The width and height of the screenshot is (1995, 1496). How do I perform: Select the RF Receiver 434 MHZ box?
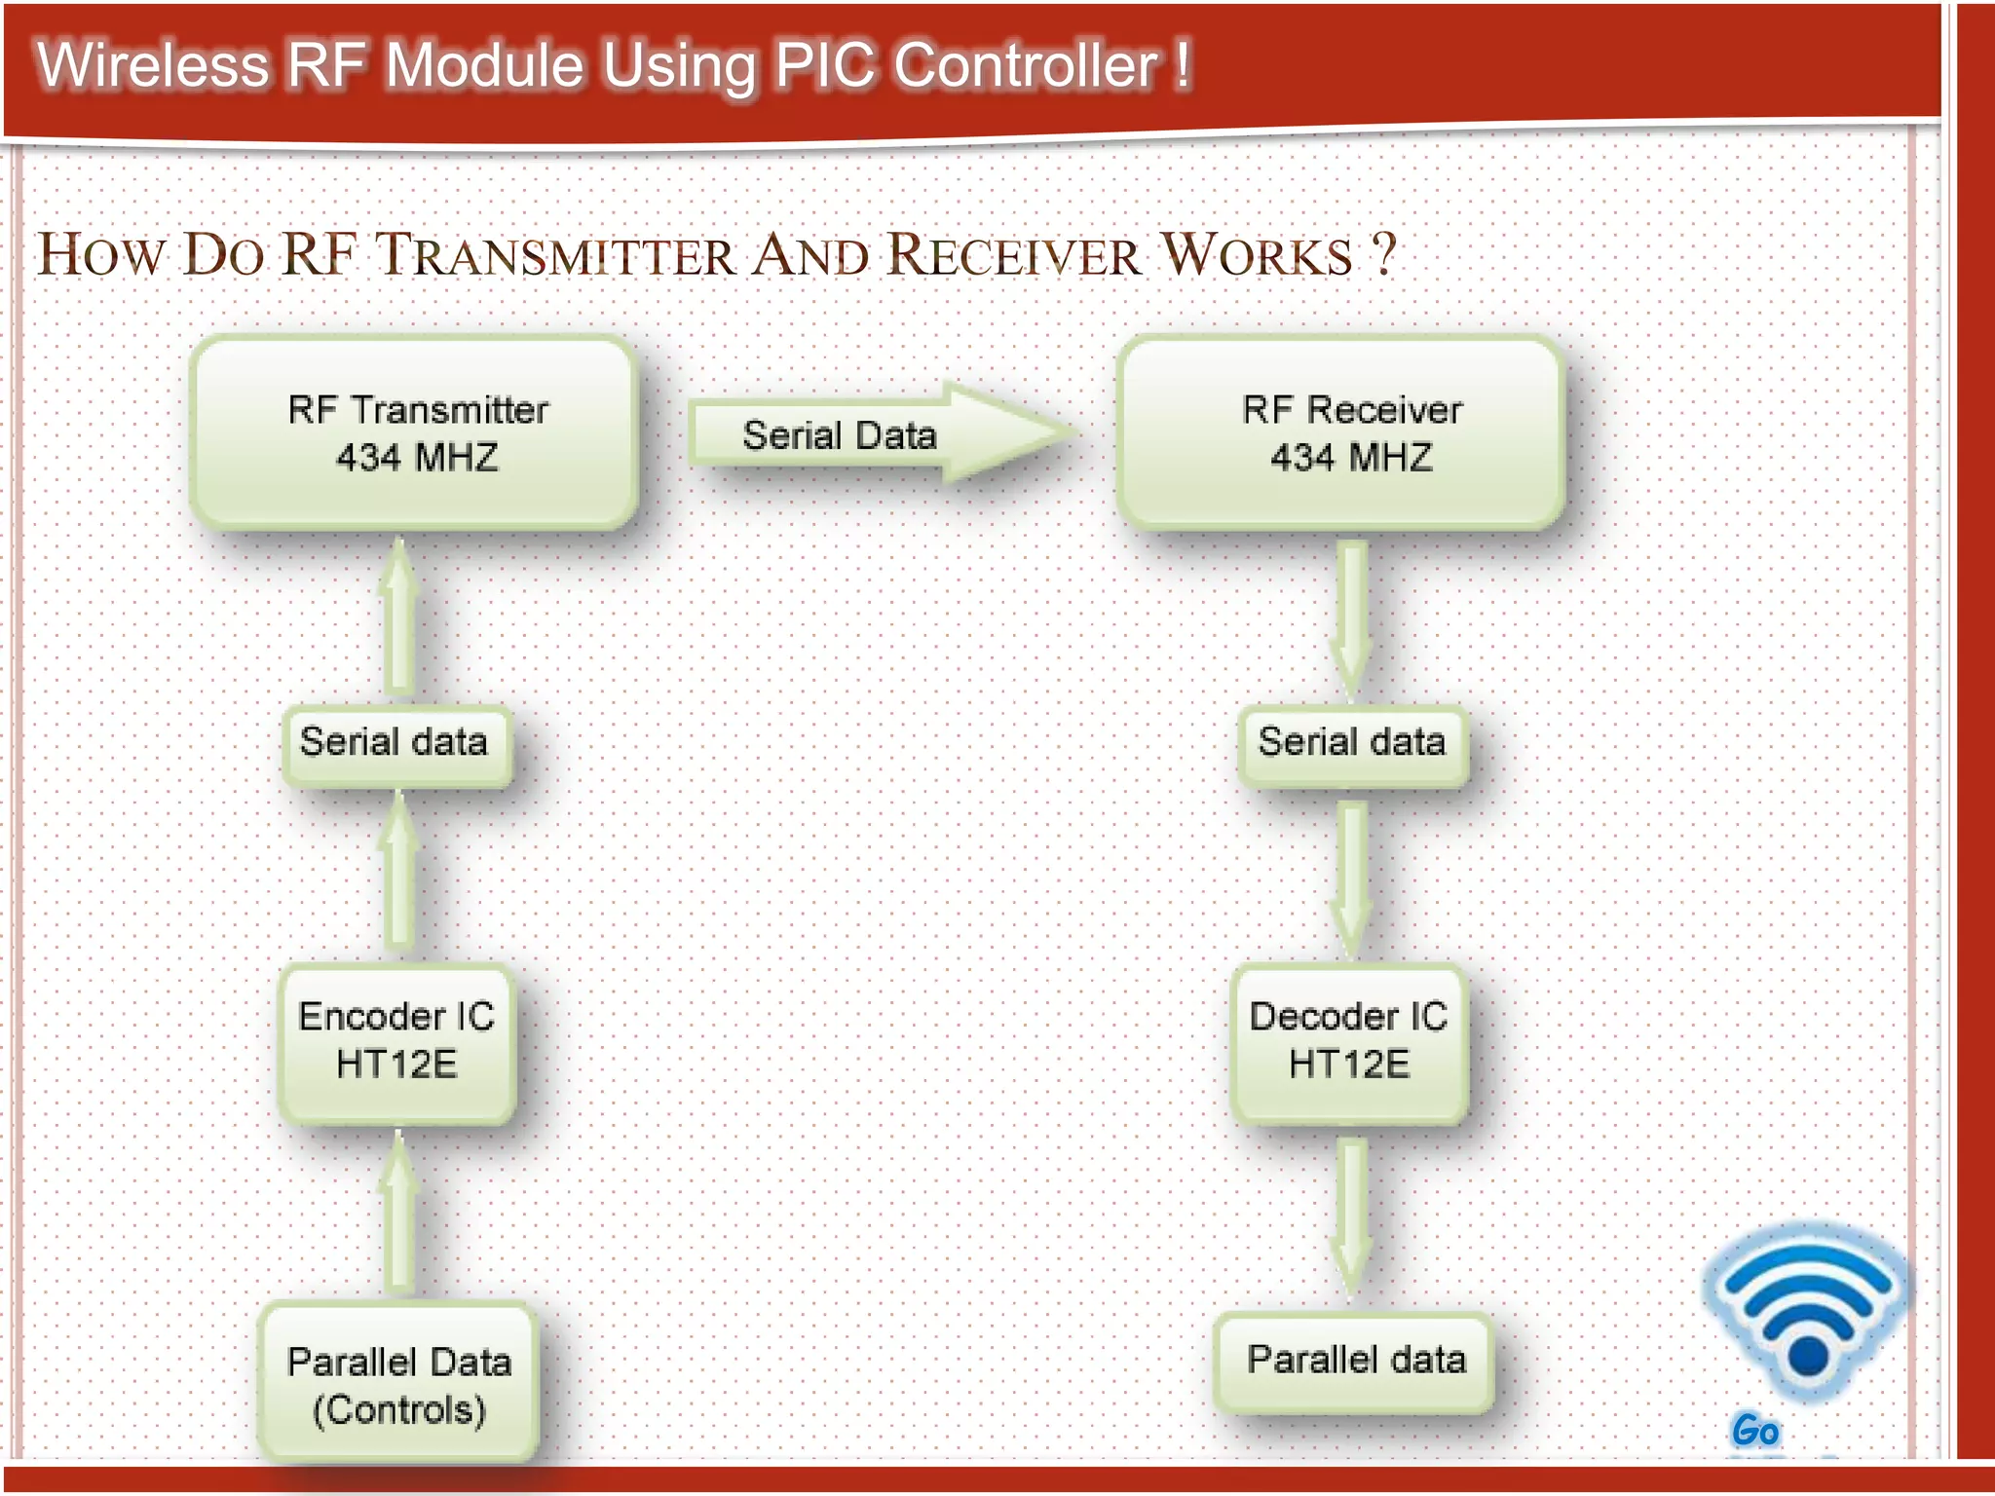point(1341,433)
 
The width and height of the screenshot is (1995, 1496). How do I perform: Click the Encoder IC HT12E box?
point(396,1042)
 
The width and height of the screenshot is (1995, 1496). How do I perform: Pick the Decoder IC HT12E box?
point(1349,1042)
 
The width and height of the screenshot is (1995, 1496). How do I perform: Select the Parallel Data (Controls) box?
point(398,1383)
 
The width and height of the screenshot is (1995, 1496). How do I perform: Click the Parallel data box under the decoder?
point(1354,1361)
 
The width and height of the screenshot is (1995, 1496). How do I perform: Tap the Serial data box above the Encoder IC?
point(395,744)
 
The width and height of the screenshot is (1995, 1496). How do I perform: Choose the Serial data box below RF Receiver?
point(1352,744)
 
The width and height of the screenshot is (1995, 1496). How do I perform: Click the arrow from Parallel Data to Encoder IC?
point(398,1213)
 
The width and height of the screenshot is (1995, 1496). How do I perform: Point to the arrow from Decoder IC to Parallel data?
point(1352,1217)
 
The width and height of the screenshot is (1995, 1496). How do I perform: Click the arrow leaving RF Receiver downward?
point(1352,618)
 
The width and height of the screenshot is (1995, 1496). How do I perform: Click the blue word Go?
point(1755,1430)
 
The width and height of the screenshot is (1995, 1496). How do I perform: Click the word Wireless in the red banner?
point(152,66)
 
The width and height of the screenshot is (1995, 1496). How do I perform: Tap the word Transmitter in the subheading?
point(555,255)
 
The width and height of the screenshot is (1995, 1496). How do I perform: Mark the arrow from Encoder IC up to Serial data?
point(398,872)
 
